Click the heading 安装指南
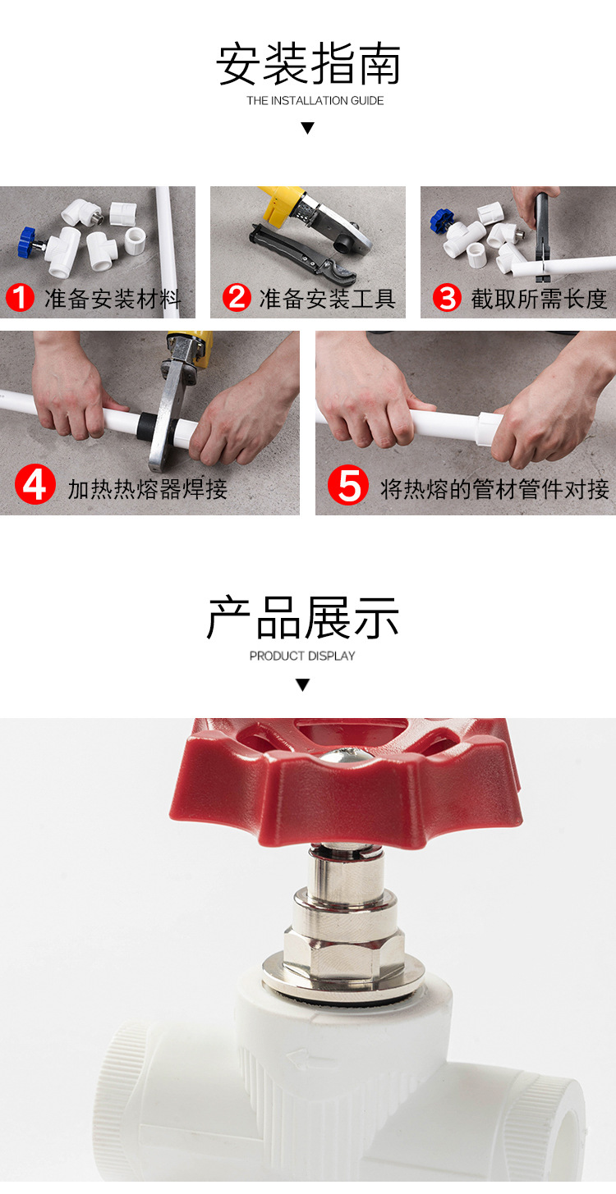click(x=308, y=65)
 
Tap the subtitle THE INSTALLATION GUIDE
click(x=315, y=101)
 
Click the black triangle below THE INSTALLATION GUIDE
click(x=307, y=128)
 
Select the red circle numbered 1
click(x=20, y=298)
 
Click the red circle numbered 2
click(x=237, y=297)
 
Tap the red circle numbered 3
click(x=447, y=297)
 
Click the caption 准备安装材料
click(x=113, y=299)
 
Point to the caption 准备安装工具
click(x=327, y=299)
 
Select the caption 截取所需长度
click(x=539, y=299)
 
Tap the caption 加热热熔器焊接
click(x=148, y=489)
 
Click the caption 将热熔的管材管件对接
click(x=494, y=489)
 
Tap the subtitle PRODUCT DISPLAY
click(x=302, y=656)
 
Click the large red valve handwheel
click(x=345, y=775)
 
